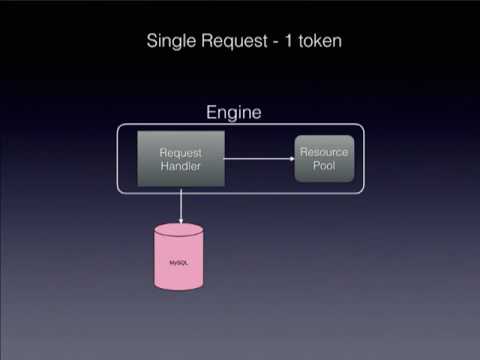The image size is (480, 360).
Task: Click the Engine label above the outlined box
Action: click(x=233, y=113)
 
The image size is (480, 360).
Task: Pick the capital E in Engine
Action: click(x=211, y=113)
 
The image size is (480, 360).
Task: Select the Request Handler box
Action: click(x=181, y=160)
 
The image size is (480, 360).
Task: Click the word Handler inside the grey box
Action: click(x=181, y=167)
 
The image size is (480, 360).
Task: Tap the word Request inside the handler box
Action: click(x=181, y=153)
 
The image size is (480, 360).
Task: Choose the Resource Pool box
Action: click(x=324, y=158)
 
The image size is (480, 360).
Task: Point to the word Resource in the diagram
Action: click(x=324, y=152)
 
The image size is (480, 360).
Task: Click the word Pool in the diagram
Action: click(x=324, y=165)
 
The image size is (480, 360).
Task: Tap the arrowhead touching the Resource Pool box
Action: click(x=289, y=158)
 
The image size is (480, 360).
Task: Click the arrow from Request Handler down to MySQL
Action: click(x=180, y=204)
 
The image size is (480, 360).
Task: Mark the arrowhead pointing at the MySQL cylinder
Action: click(x=180, y=219)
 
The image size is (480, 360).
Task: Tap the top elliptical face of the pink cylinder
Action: click(x=178, y=231)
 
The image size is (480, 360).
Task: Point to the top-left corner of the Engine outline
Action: click(x=120, y=127)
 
